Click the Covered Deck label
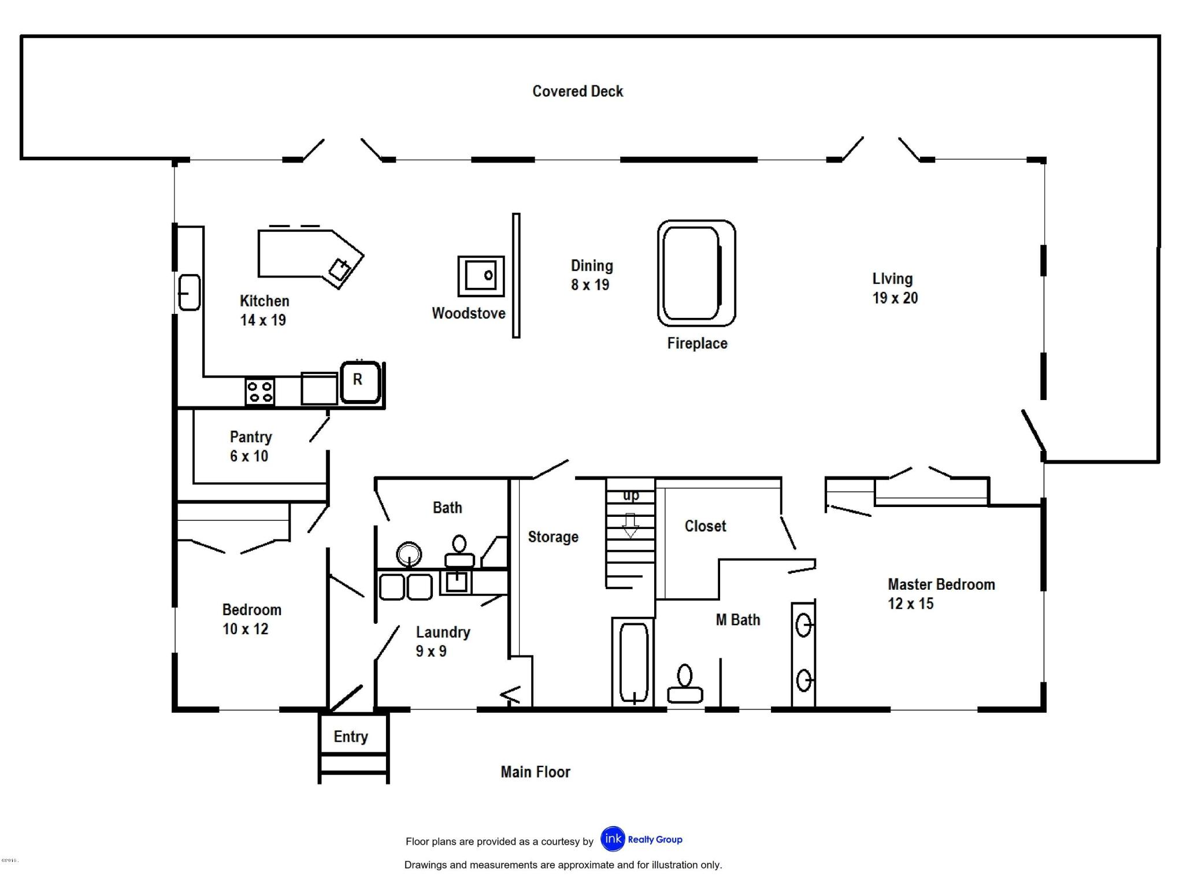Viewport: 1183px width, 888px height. pyautogui.click(x=577, y=91)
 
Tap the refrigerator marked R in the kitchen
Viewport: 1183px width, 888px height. pyautogui.click(x=359, y=382)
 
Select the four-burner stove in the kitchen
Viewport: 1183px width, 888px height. pyautogui.click(x=259, y=392)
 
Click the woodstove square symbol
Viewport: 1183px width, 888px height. pyautogui.click(x=481, y=276)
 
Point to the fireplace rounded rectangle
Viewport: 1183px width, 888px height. pyautogui.click(x=696, y=273)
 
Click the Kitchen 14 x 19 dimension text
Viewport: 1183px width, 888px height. pyautogui.click(x=263, y=320)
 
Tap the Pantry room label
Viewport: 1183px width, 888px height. pyautogui.click(x=250, y=437)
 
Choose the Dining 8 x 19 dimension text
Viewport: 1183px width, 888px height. pyautogui.click(x=590, y=285)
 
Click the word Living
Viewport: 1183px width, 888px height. pyautogui.click(x=892, y=279)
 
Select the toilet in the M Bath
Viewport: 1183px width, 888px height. pyautogui.click(x=685, y=685)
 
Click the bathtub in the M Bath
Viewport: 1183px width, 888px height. pyautogui.click(x=633, y=663)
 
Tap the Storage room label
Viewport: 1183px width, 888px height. pyautogui.click(x=553, y=537)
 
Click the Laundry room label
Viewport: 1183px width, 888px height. pyautogui.click(x=443, y=632)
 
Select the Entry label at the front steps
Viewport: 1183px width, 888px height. pyautogui.click(x=351, y=737)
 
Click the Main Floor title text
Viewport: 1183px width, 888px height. pyautogui.click(x=535, y=772)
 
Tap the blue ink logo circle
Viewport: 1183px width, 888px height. pyautogui.click(x=613, y=839)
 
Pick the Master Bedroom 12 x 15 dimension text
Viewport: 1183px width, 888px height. pyautogui.click(x=911, y=604)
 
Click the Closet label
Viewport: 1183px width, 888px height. pyautogui.click(x=705, y=526)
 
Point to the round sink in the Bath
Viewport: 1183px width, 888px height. pyautogui.click(x=409, y=554)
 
